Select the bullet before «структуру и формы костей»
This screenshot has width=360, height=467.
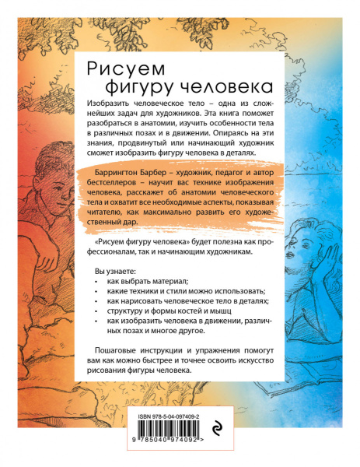point(95,319)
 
